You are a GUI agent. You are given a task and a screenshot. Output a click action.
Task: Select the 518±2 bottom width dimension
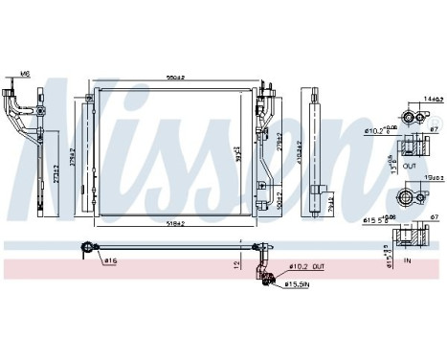tap(174, 222)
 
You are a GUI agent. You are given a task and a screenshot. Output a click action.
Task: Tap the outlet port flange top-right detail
tap(412, 116)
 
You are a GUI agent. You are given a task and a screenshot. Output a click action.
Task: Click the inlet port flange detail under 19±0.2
tap(413, 196)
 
